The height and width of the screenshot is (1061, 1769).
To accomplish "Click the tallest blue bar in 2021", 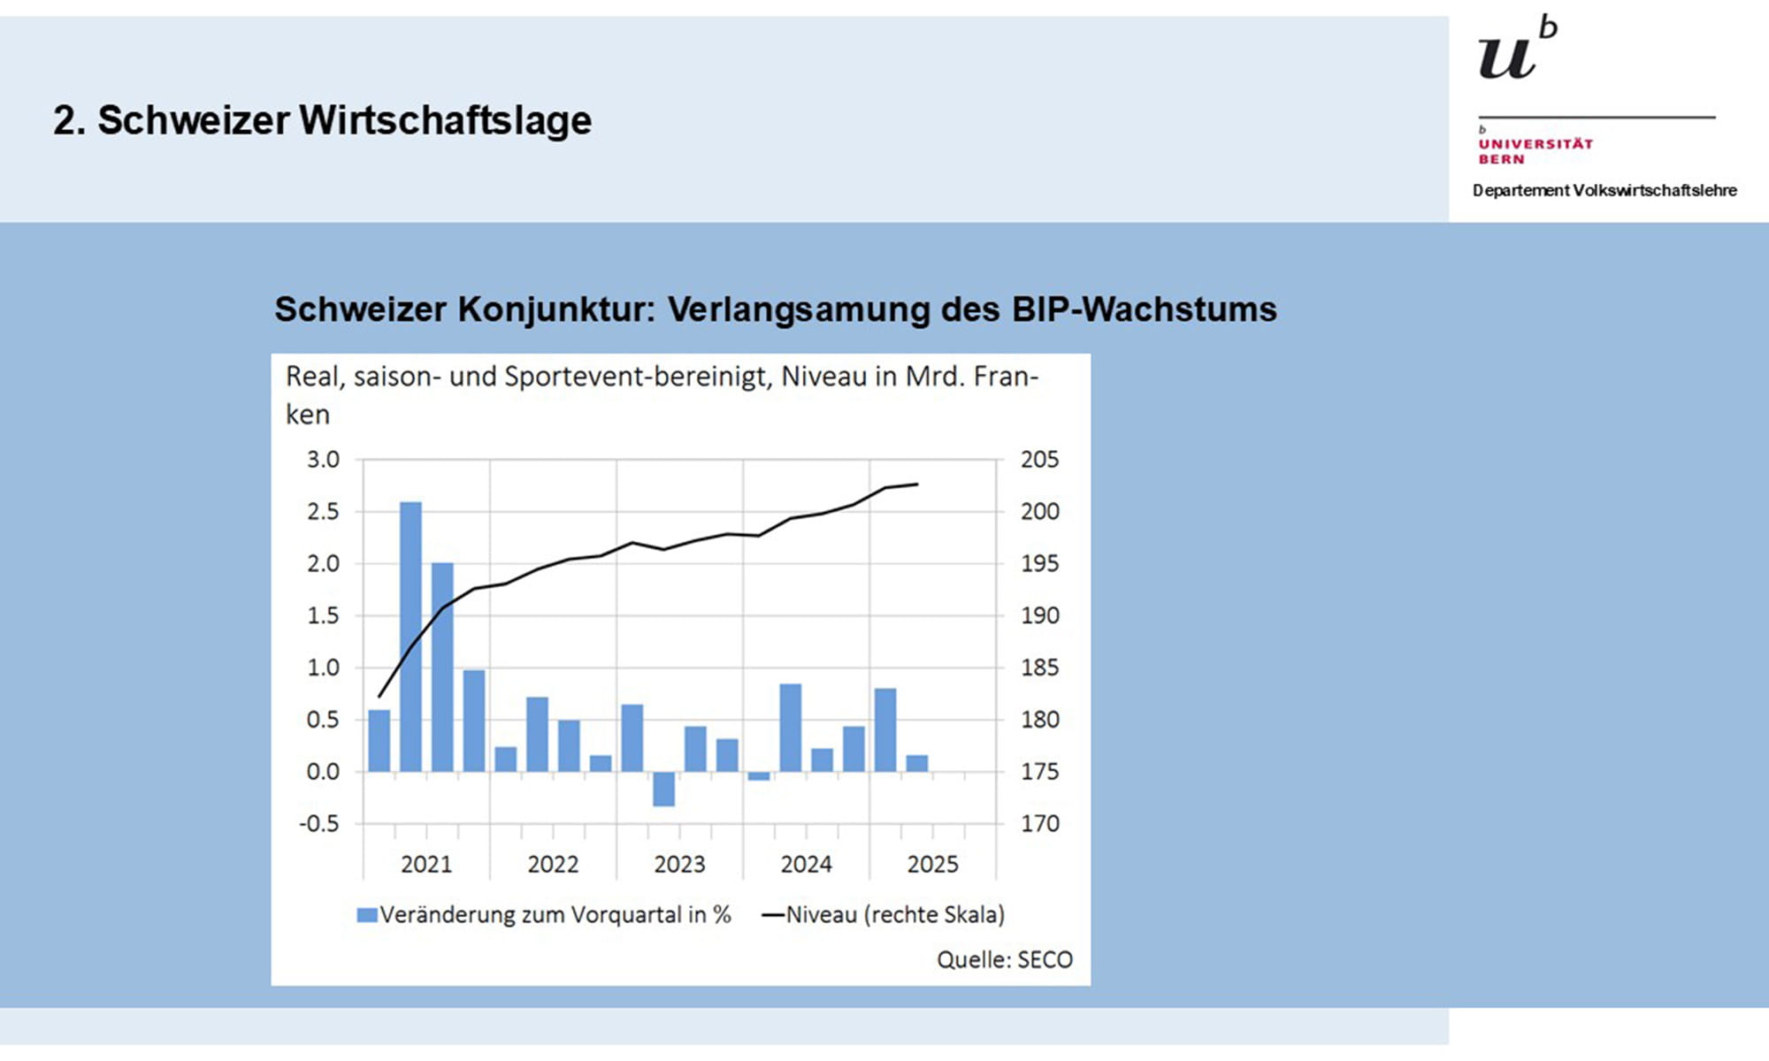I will (410, 637).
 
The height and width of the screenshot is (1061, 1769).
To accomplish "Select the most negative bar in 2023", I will (663, 789).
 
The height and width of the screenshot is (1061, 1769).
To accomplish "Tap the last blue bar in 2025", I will (917, 763).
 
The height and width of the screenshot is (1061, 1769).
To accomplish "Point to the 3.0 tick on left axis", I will (323, 460).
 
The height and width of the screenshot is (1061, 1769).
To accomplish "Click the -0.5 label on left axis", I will (318, 824).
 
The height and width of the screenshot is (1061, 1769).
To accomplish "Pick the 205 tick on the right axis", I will (1039, 460).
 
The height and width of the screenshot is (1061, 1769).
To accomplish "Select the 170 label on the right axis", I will (1039, 824).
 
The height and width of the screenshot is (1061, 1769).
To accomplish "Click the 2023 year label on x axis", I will (679, 864).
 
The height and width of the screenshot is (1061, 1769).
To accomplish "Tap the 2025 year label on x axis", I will (932, 864).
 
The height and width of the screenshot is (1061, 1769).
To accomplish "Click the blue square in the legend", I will (366, 915).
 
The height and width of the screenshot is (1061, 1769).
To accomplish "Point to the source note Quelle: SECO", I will (1004, 960).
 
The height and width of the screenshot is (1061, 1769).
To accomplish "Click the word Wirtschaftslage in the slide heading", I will (445, 120).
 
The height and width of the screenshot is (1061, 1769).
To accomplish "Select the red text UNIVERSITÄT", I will (1535, 144).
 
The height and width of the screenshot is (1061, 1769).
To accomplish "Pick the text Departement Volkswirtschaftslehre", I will (1604, 190).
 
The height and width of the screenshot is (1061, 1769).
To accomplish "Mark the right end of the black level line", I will (917, 484).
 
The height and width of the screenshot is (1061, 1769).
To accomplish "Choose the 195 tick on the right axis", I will (1039, 564).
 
